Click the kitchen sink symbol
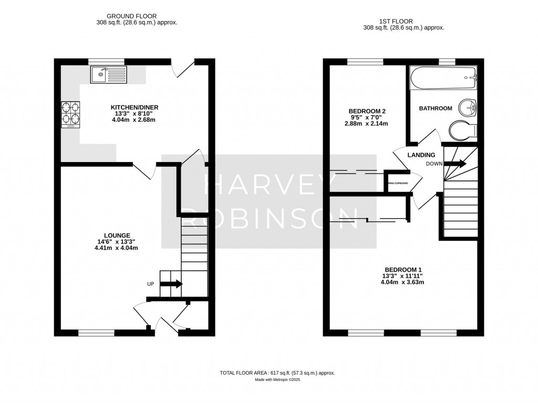pyautogui.click(x=108, y=75)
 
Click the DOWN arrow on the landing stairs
pyautogui.click(x=454, y=164)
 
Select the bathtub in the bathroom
pyautogui.click(x=442, y=79)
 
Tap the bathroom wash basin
pyautogui.click(x=467, y=108)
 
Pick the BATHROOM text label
pyautogui.click(x=435, y=108)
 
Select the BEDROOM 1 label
pyautogui.click(x=402, y=269)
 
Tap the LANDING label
pyautogui.click(x=421, y=155)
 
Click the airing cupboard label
pyautogui.click(x=397, y=184)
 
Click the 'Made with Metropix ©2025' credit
pyautogui.click(x=277, y=379)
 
